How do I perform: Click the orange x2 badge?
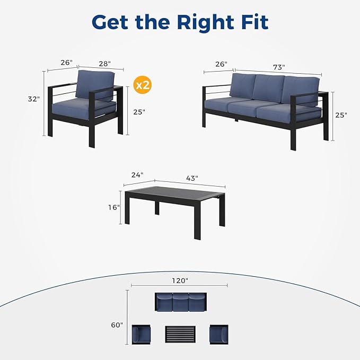(x=143, y=85)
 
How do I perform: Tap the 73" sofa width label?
(x=279, y=67)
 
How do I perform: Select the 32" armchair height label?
(x=34, y=99)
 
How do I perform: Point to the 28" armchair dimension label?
(x=104, y=64)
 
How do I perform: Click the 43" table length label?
(x=192, y=178)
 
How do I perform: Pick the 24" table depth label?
(x=137, y=175)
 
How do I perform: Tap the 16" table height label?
(x=114, y=207)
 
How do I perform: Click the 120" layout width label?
(x=180, y=280)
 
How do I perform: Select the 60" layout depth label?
(x=117, y=325)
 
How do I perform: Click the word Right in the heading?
(x=205, y=23)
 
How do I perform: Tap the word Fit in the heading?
(x=255, y=22)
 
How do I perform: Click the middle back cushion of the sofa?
(x=268, y=88)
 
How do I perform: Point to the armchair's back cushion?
(x=95, y=84)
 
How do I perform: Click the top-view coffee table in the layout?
(x=180, y=335)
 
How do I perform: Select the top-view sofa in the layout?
(x=181, y=302)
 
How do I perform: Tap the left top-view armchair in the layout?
(x=141, y=334)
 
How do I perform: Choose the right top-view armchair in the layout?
(x=219, y=334)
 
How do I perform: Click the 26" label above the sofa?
(x=221, y=64)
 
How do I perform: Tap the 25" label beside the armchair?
(x=139, y=112)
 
